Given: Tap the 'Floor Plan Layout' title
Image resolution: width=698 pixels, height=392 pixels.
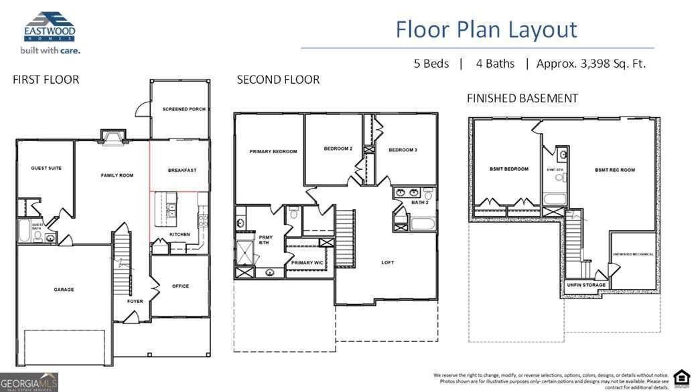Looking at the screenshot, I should (x=486, y=29).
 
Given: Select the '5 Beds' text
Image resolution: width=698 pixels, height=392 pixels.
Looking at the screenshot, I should (x=431, y=64).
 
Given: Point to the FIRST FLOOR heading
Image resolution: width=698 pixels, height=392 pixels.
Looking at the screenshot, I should (x=46, y=80).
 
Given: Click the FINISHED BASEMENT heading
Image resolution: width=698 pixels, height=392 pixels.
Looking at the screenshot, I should (x=522, y=98).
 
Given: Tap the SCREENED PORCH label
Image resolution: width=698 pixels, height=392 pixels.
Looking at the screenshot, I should (x=184, y=109).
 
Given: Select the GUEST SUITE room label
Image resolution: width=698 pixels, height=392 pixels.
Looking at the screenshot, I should (x=46, y=168).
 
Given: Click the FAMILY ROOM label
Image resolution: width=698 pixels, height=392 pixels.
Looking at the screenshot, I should (x=117, y=175).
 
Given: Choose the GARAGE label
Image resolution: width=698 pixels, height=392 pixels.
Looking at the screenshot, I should (x=64, y=290).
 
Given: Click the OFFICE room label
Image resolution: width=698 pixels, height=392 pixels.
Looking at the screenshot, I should (x=180, y=286).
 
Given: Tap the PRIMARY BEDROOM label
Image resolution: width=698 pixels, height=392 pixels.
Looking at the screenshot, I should (x=273, y=151).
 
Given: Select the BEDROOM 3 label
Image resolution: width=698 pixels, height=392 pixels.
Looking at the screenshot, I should (x=403, y=150).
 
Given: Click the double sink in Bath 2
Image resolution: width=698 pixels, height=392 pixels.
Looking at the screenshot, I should (x=409, y=193).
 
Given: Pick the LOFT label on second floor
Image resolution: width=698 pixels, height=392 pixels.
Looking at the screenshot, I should (x=388, y=262).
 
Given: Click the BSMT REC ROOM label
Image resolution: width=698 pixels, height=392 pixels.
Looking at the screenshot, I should (x=614, y=170).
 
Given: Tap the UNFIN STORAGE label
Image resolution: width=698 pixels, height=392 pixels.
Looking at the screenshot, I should (x=586, y=285).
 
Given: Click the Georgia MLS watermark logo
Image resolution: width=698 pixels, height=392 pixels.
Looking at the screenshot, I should (x=29, y=382).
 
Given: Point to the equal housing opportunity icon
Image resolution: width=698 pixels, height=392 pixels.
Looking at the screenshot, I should (x=681, y=377).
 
